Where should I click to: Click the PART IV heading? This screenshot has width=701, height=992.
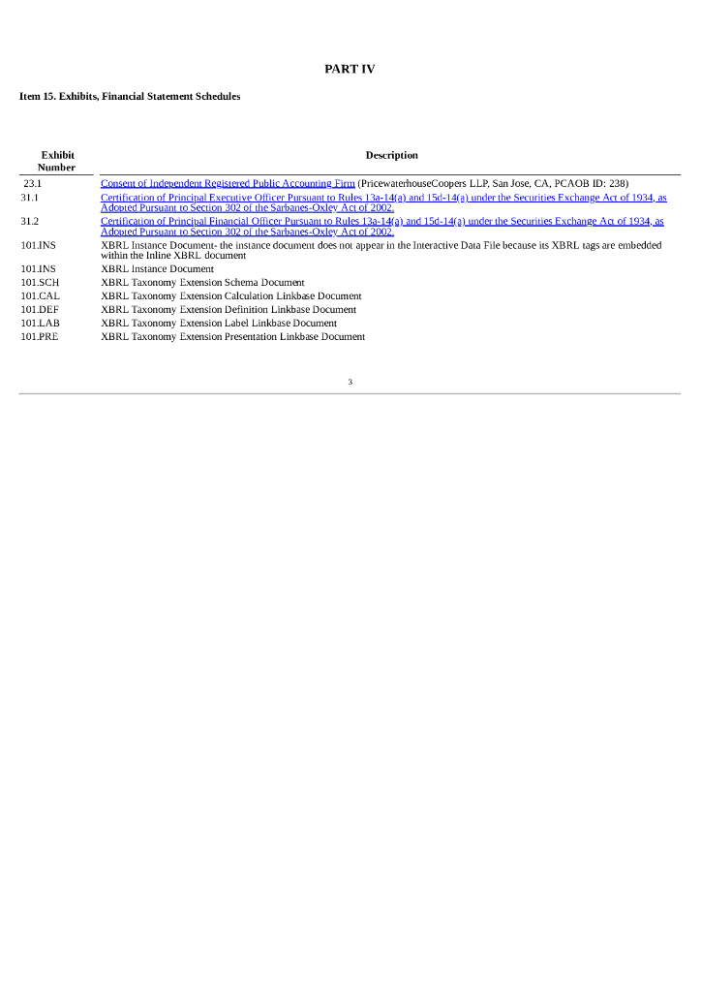350,69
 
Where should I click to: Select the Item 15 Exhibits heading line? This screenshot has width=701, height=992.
130,97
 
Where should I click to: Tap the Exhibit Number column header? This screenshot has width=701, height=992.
57,161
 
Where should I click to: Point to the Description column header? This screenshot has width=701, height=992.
391,155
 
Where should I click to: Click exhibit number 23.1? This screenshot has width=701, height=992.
33,183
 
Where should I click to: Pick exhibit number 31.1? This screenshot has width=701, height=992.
30,198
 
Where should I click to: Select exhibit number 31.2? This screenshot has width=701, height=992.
30,222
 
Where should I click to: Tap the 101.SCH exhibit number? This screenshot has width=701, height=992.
40,283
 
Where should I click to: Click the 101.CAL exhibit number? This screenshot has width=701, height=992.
40,296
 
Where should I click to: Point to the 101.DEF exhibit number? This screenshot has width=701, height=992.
40,310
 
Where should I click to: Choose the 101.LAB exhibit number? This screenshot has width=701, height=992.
40,324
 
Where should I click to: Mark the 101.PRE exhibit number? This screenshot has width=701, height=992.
40,337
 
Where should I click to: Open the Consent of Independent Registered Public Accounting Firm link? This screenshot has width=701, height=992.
228,183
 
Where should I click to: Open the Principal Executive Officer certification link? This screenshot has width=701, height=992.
383,198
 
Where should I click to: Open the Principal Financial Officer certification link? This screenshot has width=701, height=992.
382,222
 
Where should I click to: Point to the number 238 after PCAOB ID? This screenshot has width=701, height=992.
619,183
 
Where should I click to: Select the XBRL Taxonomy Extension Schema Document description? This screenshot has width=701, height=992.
202,283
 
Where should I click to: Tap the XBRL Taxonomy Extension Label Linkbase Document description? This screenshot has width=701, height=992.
219,324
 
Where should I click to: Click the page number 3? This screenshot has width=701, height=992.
350,382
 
